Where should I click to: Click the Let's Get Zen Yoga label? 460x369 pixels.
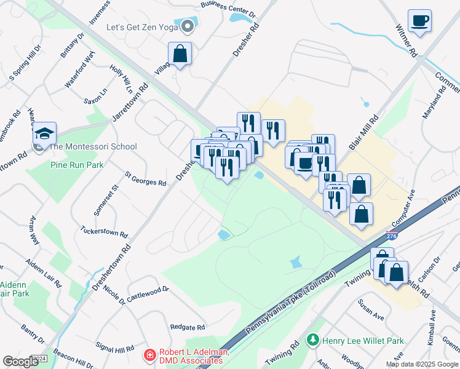coord(141,27)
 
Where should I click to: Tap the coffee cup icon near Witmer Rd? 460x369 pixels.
coord(419,21)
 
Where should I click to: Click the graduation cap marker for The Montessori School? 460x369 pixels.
coord(44,132)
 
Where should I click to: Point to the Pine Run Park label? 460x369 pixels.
coord(77,165)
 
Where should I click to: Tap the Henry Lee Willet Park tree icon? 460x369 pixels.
coord(313,340)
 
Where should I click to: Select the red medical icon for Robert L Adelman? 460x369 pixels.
coord(148,355)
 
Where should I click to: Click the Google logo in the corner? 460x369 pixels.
coord(21,362)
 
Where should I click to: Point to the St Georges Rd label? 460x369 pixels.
coord(146,179)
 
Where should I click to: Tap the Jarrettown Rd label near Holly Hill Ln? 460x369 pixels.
coord(130,102)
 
